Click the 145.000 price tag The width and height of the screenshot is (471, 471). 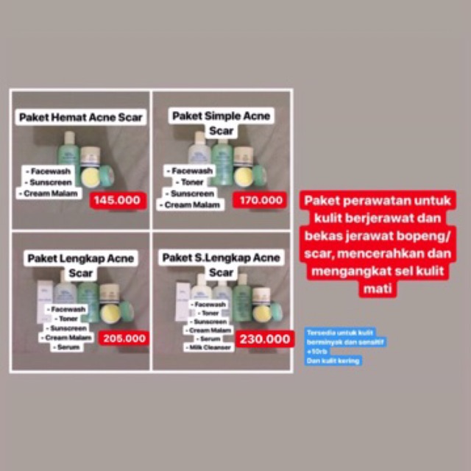pyautogui.click(x=118, y=200)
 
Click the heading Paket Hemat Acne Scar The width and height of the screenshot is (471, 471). pyautogui.click(x=81, y=116)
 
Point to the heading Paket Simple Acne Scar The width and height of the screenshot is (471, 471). pyautogui.click(x=221, y=123)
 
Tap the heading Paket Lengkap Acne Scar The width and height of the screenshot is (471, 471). pyautogui.click(x=80, y=265)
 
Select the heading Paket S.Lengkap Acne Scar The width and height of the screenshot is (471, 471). pyautogui.click(x=221, y=264)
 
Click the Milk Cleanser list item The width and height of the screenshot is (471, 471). pyautogui.click(x=208, y=347)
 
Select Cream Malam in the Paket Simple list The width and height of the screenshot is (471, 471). pyautogui.click(x=194, y=205)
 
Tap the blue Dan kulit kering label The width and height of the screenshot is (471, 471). pyautogui.click(x=333, y=361)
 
